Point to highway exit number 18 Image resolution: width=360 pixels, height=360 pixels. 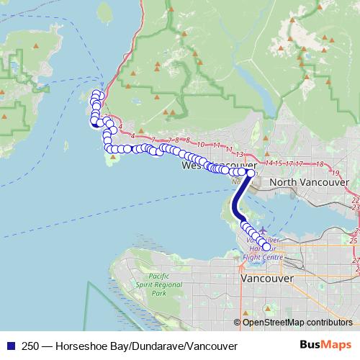pyautogui.click(x=318, y=164)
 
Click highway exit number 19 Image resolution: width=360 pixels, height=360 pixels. pyautogui.click(x=334, y=174)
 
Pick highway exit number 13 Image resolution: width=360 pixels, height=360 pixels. pyautogui.click(x=240, y=153)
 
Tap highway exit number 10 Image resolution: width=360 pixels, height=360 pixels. pyautogui.click(x=202, y=144)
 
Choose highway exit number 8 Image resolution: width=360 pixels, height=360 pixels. pyautogui.click(x=187, y=140)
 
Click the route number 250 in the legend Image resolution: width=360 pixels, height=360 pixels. pyautogui.click(x=31, y=346)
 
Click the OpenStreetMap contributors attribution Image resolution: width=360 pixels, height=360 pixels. pyautogui.click(x=297, y=323)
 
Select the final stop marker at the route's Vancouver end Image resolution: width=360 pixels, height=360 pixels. pyautogui.click(x=266, y=247)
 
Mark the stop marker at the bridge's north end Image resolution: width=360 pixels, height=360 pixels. pyautogui.click(x=251, y=173)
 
